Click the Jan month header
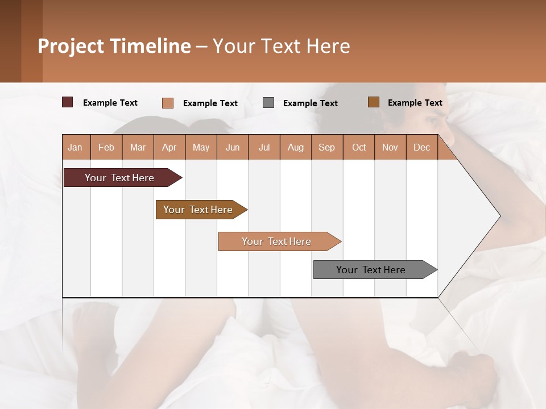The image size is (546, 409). pyautogui.click(x=75, y=147)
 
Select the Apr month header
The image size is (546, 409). pyautogui.click(x=169, y=147)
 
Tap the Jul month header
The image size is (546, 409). pyautogui.click(x=264, y=147)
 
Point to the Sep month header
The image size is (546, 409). pyautogui.click(x=326, y=147)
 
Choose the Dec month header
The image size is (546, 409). pyautogui.click(x=421, y=147)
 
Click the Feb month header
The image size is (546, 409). pyautogui.click(x=106, y=147)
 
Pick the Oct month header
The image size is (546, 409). pyautogui.click(x=359, y=147)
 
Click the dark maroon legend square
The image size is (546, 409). pyautogui.click(x=67, y=102)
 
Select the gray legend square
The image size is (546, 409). pyautogui.click(x=268, y=102)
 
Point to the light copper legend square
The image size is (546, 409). pyautogui.click(x=167, y=103)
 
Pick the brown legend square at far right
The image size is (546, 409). pyautogui.click(x=373, y=102)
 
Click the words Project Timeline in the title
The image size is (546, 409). pyautogui.click(x=114, y=46)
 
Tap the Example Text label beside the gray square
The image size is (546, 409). pyautogui.click(x=311, y=103)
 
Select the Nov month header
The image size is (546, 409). pyautogui.click(x=390, y=147)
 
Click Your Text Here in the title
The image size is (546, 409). pyautogui.click(x=281, y=46)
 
